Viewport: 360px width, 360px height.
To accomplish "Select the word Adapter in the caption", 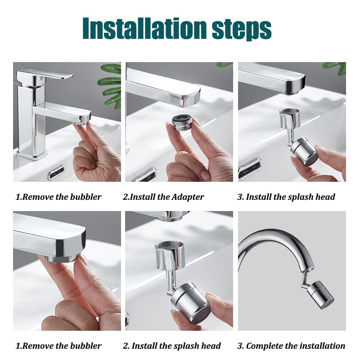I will click(187, 197).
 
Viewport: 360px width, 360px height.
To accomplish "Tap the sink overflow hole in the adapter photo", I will click(144, 175).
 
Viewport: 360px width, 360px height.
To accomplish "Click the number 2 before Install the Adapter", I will click(126, 197).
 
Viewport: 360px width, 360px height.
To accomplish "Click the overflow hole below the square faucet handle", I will click(56, 171).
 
